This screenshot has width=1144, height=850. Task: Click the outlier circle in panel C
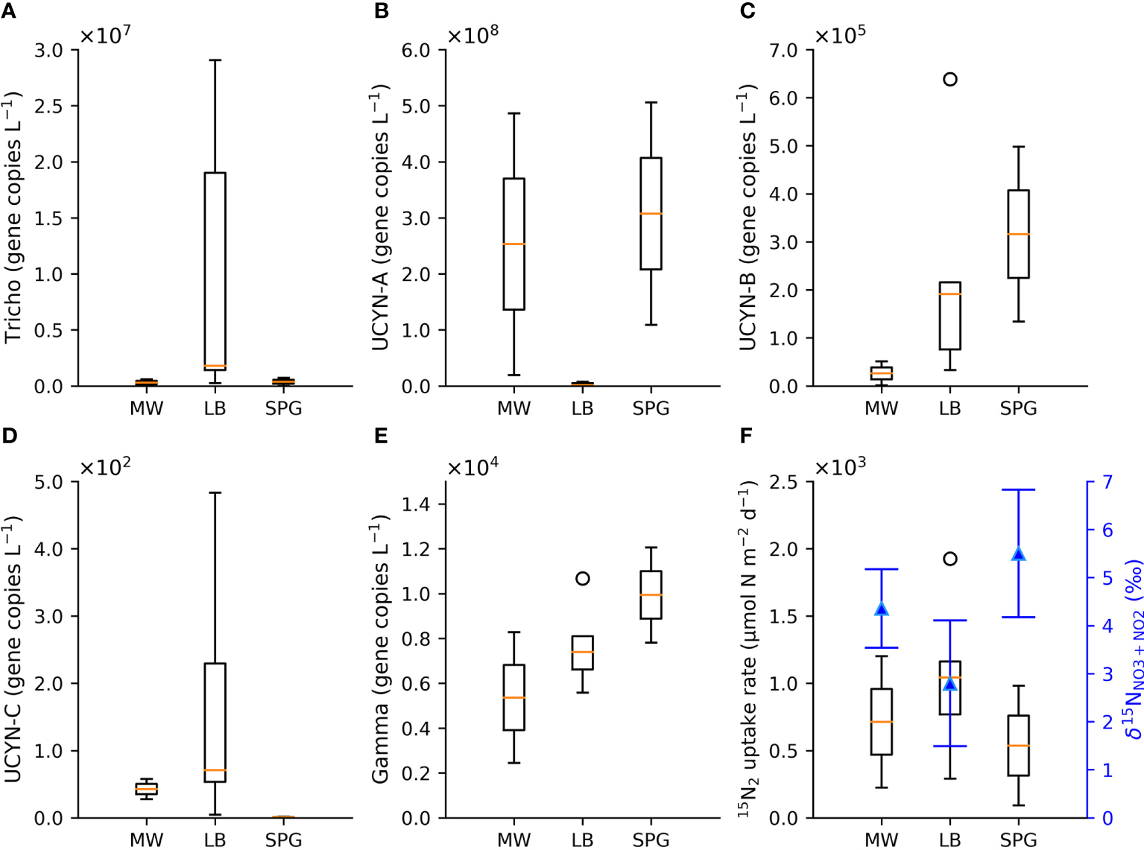949,79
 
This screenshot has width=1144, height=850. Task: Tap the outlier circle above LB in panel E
583,578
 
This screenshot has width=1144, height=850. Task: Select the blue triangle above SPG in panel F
1018,554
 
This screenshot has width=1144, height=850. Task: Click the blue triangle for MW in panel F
882,609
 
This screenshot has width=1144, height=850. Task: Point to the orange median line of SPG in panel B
651,214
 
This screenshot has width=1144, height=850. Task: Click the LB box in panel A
215,271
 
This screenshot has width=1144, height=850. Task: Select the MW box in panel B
513,244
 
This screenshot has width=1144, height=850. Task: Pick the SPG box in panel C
1018,234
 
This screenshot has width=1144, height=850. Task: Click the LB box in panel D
215,722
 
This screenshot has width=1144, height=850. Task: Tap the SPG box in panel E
651,594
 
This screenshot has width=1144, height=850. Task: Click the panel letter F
747,436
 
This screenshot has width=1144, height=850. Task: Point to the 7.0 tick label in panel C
783,51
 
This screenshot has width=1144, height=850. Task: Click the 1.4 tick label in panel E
415,504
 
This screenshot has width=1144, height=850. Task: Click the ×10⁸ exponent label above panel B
473,35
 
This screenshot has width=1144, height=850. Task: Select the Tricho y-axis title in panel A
13,218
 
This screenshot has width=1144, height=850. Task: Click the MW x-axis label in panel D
146,840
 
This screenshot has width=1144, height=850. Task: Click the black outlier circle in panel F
949,559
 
